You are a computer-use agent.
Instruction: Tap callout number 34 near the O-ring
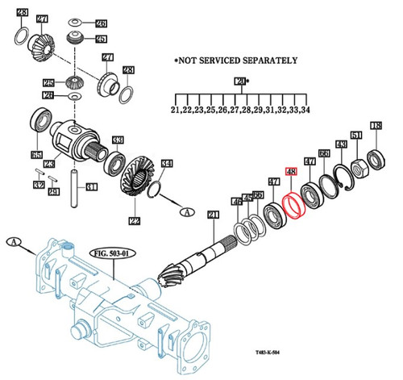point(167,165)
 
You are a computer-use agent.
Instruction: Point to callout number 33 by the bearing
point(118,139)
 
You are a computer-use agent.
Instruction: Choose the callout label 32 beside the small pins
point(38,185)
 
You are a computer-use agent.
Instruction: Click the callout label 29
point(52,190)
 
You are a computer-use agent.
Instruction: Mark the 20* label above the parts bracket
point(240,81)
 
